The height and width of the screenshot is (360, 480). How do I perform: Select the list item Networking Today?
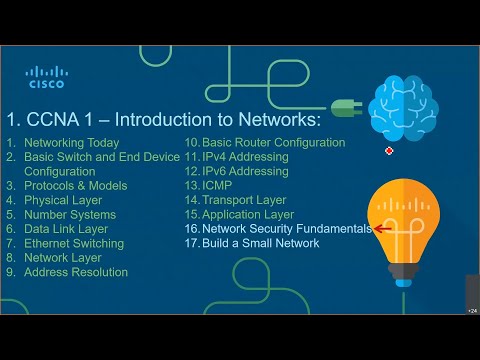click(x=71, y=143)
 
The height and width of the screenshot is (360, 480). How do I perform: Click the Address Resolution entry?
click(x=76, y=272)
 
